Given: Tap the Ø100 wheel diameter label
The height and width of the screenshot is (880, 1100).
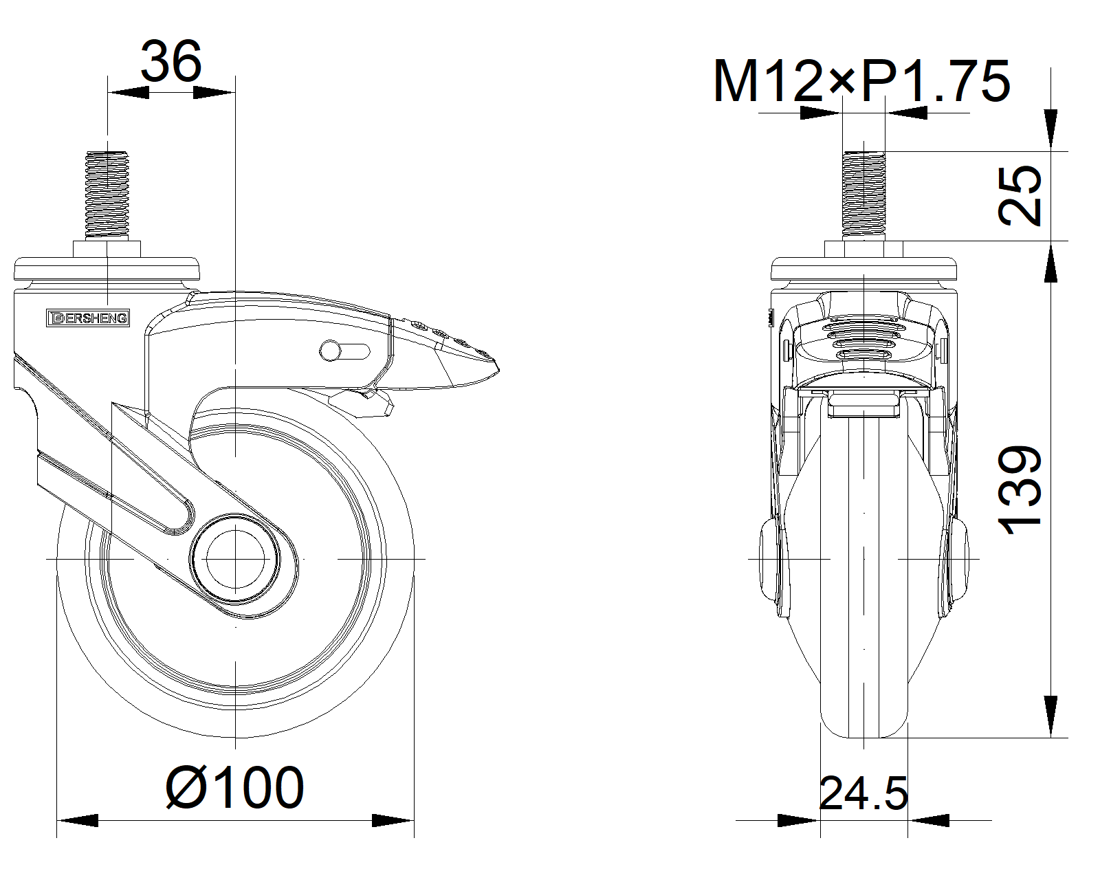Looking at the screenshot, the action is coord(235,788).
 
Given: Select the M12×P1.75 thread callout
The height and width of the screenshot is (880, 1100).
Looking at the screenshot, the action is coord(862,81).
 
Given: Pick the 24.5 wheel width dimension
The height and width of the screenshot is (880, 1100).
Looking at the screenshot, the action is coord(863,793).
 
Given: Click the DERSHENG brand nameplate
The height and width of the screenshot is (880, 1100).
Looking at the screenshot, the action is coord(88,318).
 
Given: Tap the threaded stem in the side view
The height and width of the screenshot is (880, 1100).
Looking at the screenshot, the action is coord(107,195).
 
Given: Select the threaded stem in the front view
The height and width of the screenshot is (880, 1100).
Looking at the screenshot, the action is coord(864,195).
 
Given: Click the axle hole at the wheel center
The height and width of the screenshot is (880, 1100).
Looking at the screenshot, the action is coord(235,559).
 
